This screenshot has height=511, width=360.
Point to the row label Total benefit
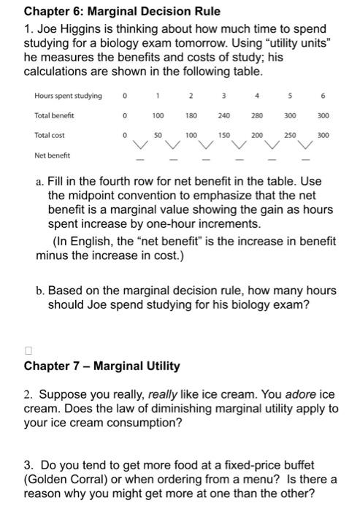[x=54, y=115]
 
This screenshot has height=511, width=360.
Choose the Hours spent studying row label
[x=68, y=96]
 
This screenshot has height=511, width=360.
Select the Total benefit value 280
[x=257, y=115]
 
